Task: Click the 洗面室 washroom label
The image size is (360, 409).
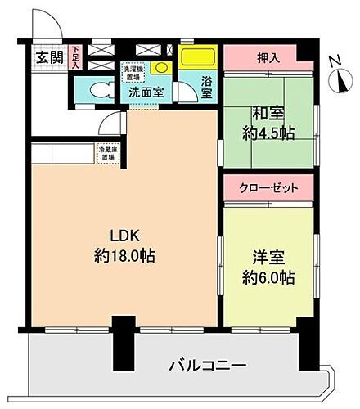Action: pos(150,92)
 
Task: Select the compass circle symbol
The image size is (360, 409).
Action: pos(341,79)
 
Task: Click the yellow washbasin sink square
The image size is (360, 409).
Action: pos(161,70)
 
